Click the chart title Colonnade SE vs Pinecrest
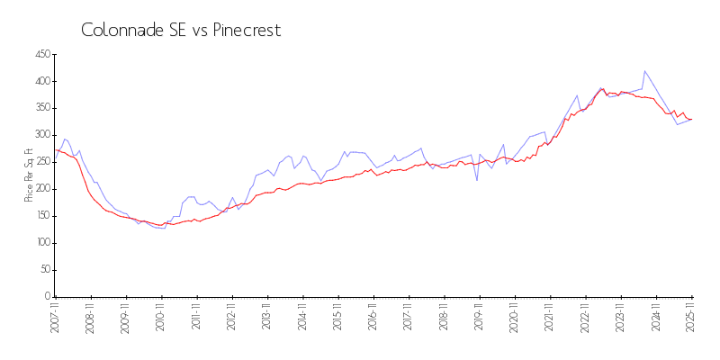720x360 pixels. coord(181,30)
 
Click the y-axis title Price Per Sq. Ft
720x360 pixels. coord(29,175)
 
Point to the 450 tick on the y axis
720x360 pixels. coord(41,55)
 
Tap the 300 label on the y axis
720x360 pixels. coord(41,135)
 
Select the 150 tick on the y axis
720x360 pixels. coord(41,216)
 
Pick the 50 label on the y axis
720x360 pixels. coord(43,270)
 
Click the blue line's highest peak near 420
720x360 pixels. coord(644,71)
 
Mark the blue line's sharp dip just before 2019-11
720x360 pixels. coord(477,180)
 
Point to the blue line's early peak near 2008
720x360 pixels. coord(65,139)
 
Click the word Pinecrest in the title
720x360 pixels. coord(247,30)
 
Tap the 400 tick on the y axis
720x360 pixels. coord(41,81)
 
